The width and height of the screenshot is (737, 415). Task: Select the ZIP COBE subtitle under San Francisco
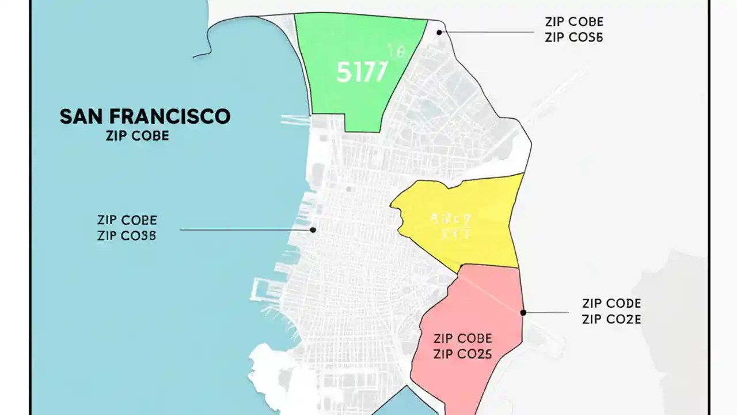click(138, 137)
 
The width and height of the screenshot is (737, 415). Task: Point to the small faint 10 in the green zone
click(397, 52)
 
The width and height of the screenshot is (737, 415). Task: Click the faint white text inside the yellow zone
click(451, 226)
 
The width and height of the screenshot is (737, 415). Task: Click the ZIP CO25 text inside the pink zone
click(462, 354)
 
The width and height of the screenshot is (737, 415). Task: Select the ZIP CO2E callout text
click(611, 319)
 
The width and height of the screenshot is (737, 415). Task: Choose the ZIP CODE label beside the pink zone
click(611, 304)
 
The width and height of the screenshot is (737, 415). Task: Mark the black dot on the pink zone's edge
click(523, 312)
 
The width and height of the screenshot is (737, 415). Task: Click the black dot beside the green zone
click(439, 32)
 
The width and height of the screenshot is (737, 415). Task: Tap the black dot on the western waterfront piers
click(313, 229)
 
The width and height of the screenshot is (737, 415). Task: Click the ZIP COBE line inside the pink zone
click(462, 338)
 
